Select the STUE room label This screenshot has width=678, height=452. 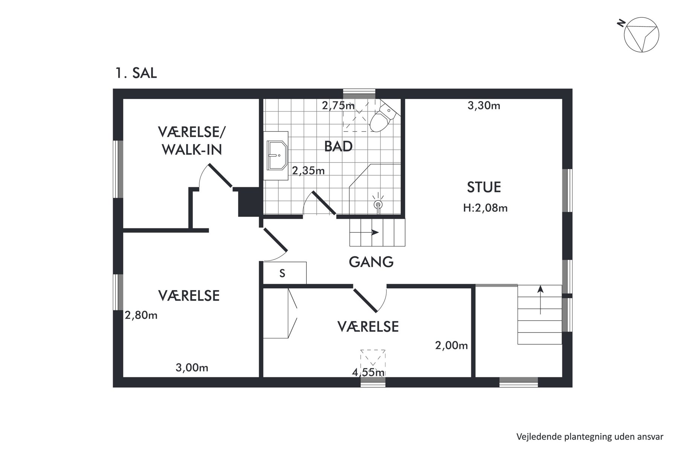[x=484, y=187]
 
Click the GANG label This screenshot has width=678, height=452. [x=371, y=262]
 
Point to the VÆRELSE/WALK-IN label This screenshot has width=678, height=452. [x=192, y=141]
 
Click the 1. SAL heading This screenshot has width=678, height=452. [x=136, y=73]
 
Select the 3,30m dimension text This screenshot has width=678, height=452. [x=484, y=106]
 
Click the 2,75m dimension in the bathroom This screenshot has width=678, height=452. [x=338, y=105]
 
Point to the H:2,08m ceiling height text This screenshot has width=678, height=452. [x=486, y=208]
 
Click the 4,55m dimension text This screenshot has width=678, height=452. [x=368, y=373]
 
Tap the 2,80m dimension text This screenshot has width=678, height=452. [x=141, y=315]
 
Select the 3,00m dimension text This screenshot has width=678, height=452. [x=192, y=367]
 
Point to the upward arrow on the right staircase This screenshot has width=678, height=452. [x=541, y=300]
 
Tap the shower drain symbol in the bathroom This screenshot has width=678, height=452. [x=378, y=204]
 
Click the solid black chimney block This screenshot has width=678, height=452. [x=248, y=202]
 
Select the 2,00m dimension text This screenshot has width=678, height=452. [x=451, y=345]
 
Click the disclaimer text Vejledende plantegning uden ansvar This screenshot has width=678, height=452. [x=590, y=437]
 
